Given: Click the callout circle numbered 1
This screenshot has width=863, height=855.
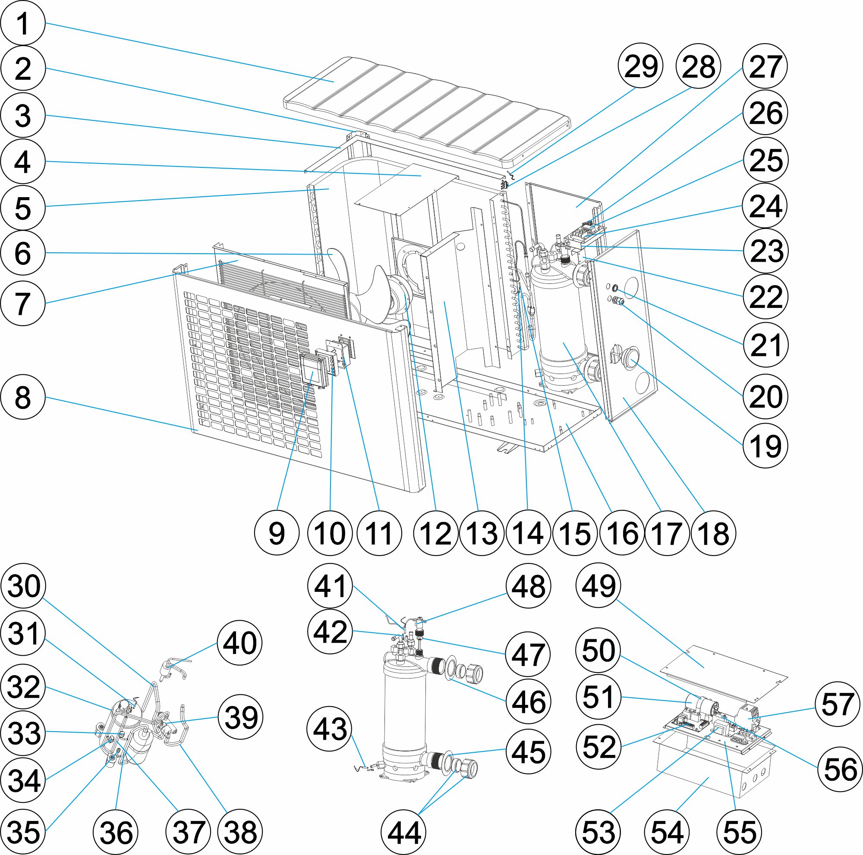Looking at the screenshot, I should click(x=23, y=23).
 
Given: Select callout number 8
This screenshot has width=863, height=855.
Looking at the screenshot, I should click(x=23, y=397).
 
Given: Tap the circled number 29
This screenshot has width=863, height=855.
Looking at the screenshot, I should click(x=640, y=66).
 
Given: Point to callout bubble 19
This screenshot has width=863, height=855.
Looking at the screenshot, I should click(x=765, y=446).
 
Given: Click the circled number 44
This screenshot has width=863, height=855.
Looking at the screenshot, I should click(x=403, y=832).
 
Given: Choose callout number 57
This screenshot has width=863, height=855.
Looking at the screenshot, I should click(x=837, y=704).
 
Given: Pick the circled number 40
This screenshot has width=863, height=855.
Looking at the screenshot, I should click(x=239, y=643).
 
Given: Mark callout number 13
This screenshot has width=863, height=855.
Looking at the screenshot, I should click(x=482, y=533).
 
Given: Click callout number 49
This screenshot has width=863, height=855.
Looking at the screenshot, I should click(x=598, y=585).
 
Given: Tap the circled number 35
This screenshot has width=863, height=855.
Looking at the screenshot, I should click(x=23, y=832).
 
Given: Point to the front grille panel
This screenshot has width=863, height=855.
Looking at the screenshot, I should click(x=268, y=380).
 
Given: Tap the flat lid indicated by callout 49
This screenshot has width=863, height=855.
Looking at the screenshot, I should click(x=724, y=670).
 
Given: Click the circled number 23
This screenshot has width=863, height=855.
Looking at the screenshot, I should click(x=766, y=251).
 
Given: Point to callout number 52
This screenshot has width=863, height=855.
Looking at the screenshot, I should click(x=598, y=746).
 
